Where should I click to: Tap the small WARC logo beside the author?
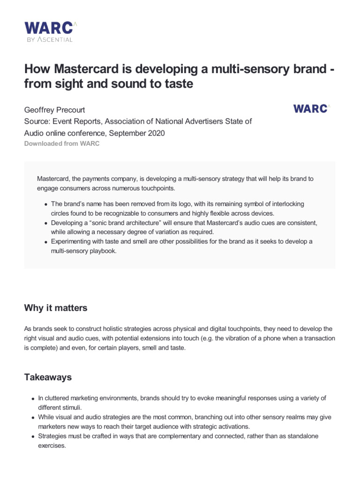click(x=311, y=108)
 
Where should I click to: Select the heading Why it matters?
click(x=55, y=308)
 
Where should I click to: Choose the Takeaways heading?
click(x=49, y=376)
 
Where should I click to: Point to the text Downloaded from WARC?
click(x=62, y=143)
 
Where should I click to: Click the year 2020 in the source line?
click(x=157, y=133)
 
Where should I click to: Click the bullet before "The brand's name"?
click(x=46, y=204)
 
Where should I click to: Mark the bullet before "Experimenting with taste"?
click(x=46, y=242)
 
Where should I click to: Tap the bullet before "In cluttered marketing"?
click(x=33, y=399)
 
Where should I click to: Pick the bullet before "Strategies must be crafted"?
click(x=33, y=436)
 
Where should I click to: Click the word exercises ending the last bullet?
click(x=52, y=446)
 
